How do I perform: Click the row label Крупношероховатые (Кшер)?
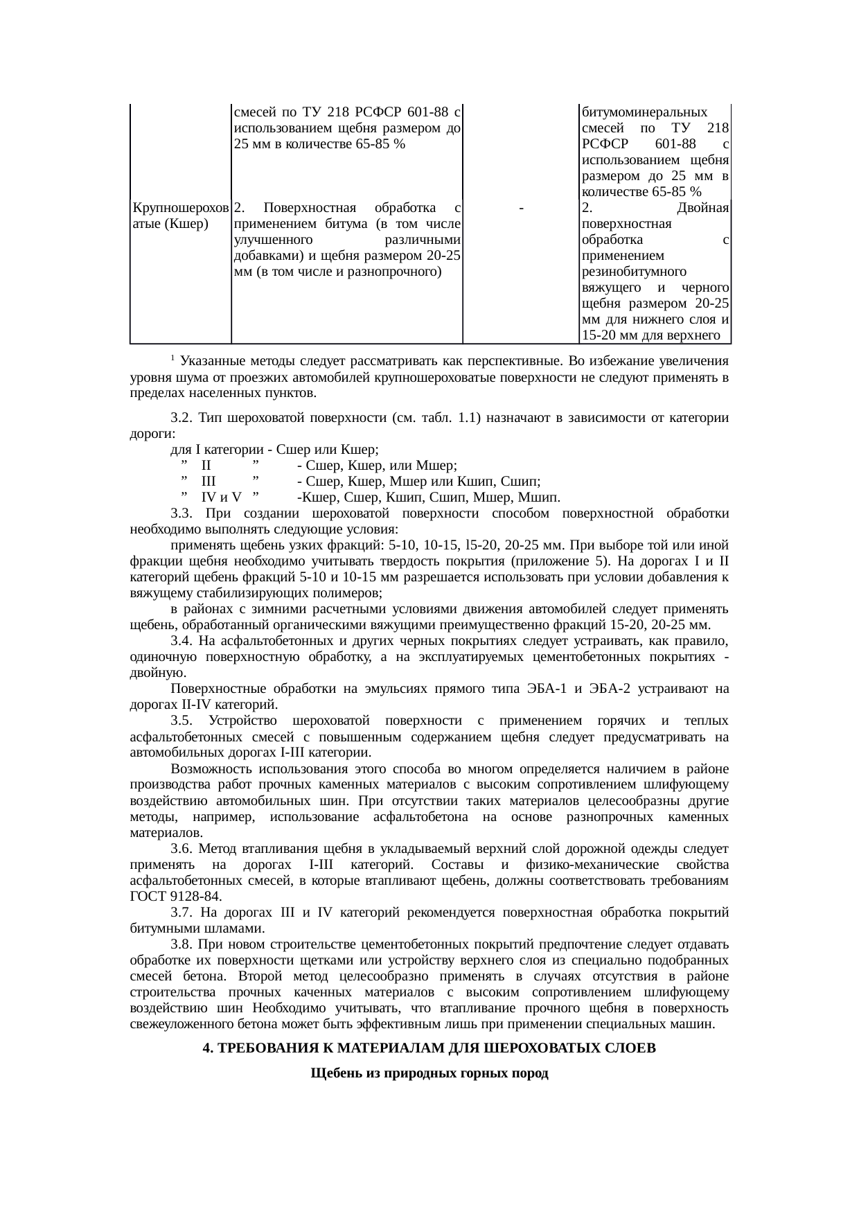[179, 215]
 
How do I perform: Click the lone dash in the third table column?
[520, 208]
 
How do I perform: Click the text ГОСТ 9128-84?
[176, 897]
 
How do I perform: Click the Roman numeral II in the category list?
[206, 466]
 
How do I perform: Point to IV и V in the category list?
[221, 497]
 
